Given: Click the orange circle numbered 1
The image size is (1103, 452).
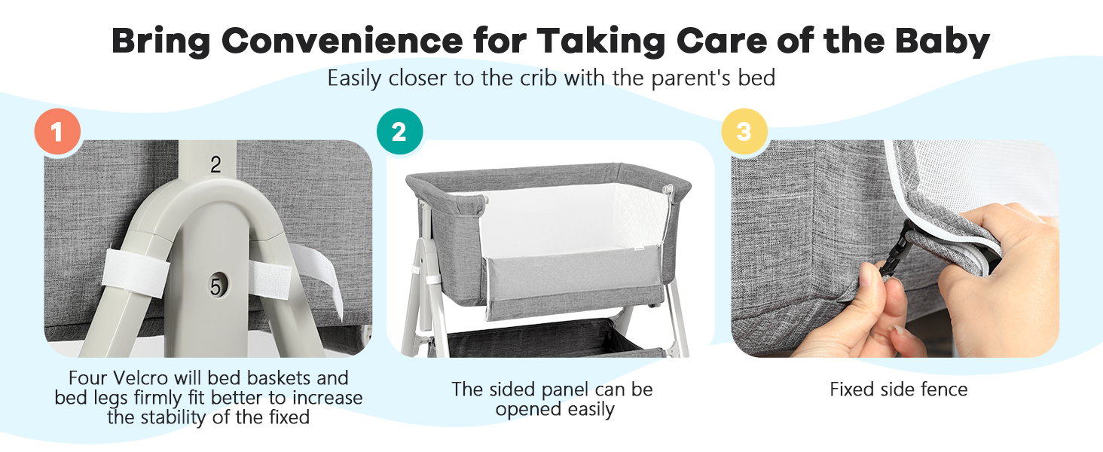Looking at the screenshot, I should click(x=57, y=133).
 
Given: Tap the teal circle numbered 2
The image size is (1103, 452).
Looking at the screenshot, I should click(x=399, y=133).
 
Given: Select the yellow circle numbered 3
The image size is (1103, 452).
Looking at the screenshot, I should click(x=744, y=133).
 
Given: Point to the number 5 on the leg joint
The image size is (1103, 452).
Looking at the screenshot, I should click(x=216, y=286).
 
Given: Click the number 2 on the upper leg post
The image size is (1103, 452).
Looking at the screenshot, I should click(x=215, y=166).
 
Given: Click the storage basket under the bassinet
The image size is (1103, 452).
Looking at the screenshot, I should click(x=558, y=339).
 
